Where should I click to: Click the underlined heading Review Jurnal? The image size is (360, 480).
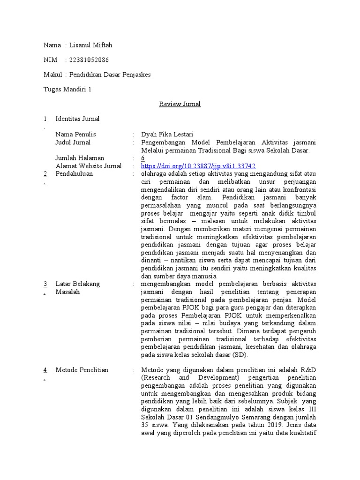180,104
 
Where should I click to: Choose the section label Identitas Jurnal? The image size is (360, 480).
77,119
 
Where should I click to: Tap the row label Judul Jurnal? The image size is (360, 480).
73,142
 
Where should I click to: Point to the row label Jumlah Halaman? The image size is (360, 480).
80,158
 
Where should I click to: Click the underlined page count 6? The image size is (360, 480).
142,158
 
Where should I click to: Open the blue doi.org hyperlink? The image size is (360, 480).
198,166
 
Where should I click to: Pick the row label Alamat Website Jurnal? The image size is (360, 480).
88,166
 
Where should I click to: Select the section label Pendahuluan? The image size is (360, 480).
74,173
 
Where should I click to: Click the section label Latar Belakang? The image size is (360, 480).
77,284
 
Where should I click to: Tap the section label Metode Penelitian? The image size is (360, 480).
82,370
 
